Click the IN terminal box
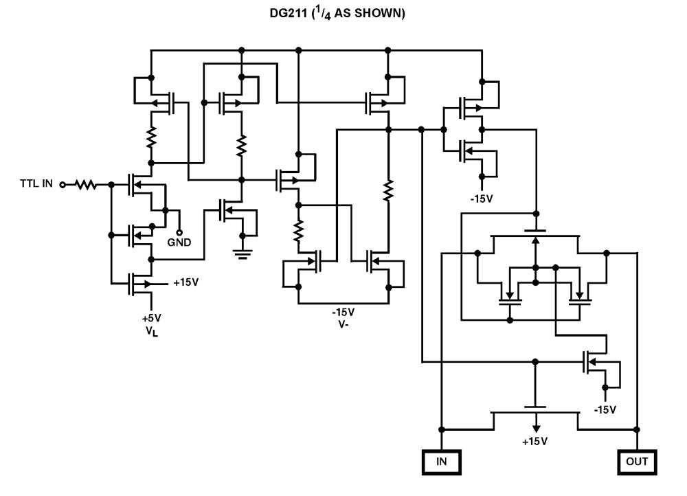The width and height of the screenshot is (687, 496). pos(442,462)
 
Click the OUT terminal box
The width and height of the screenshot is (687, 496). pos(637,462)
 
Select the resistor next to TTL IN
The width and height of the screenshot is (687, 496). pos(85,184)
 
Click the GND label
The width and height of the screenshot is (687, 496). pos(179,243)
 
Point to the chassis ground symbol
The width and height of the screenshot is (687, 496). pos(241,253)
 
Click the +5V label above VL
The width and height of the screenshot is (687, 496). pos(151,319)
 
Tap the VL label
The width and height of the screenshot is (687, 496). pos(151,333)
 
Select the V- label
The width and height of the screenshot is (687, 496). pos(346,324)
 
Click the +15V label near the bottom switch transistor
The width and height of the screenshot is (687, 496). pos(534,441)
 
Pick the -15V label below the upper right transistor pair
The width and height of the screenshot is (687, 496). pos(482,199)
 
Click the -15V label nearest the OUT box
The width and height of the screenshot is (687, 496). pos(605,409)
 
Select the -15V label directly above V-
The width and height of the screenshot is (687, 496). pos(346,311)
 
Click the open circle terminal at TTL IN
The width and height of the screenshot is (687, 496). pos(63,184)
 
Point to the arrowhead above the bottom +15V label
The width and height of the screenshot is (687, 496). pos(534,425)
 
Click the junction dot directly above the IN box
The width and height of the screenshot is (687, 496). pos(442,429)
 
